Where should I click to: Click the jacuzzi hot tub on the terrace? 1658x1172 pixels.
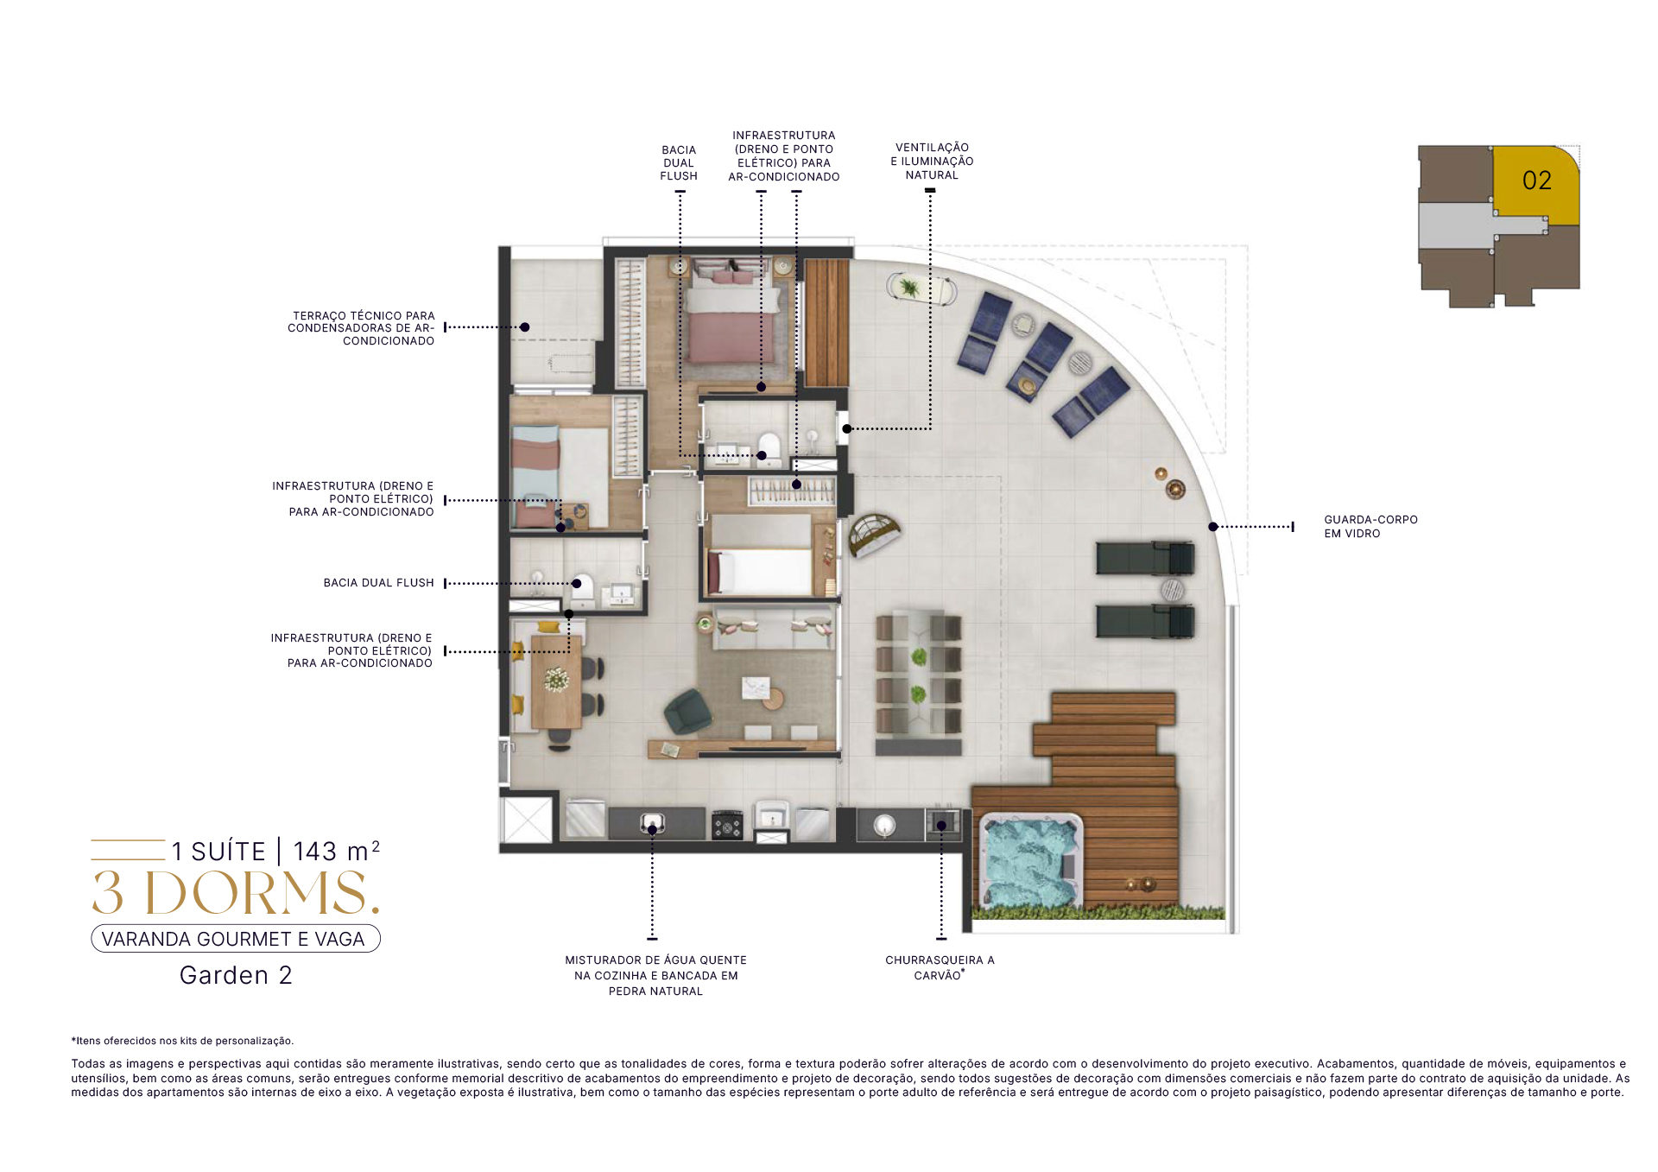click(x=1030, y=861)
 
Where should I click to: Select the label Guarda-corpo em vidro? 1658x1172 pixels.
click(x=1370, y=527)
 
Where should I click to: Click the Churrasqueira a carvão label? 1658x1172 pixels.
click(x=940, y=967)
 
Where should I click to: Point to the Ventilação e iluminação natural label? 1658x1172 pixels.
click(x=932, y=162)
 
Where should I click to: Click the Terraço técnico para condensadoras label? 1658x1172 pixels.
click(x=361, y=328)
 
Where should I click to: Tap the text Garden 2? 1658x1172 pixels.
click(x=236, y=975)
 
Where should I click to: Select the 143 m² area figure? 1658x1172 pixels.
click(x=336, y=851)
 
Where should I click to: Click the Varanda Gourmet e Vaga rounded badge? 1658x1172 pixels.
click(x=236, y=939)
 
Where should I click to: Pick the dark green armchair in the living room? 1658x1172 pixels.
click(x=688, y=712)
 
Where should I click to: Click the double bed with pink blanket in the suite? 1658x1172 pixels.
click(x=733, y=314)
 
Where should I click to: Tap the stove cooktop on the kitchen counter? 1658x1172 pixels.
click(x=727, y=826)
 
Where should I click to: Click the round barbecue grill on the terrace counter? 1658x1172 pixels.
click(x=884, y=825)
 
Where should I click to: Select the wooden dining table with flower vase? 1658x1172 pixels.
click(x=556, y=682)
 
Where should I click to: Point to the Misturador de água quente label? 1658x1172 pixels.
click(x=655, y=975)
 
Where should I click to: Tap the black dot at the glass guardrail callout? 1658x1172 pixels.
click(x=1213, y=527)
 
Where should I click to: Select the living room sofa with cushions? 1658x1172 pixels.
click(x=773, y=629)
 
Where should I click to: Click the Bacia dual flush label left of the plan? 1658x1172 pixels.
click(x=378, y=583)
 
